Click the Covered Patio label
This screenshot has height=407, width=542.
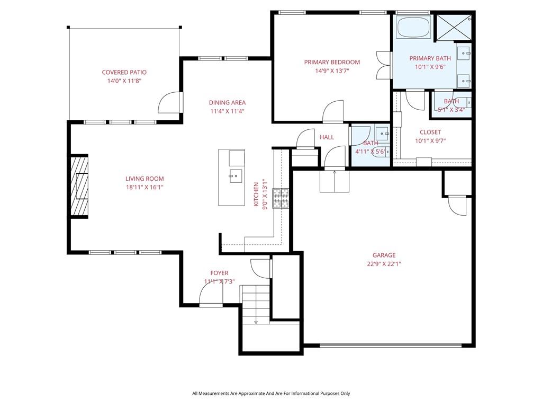(x=124, y=73)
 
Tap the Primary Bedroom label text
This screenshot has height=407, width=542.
(x=332, y=63)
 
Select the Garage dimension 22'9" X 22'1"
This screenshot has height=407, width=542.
(x=384, y=264)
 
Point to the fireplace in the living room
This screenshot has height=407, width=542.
(x=79, y=186)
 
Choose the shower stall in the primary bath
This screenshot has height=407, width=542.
(x=453, y=28)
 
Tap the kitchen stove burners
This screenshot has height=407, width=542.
(x=281, y=198)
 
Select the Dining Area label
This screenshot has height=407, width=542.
(x=227, y=103)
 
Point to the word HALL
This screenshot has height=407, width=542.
(x=327, y=138)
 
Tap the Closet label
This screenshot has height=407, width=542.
(x=430, y=132)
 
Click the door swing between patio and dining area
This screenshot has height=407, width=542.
(x=169, y=102)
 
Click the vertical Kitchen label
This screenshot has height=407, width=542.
(x=256, y=193)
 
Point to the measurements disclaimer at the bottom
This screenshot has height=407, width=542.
(x=271, y=394)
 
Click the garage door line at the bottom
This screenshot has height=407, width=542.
(x=391, y=346)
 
